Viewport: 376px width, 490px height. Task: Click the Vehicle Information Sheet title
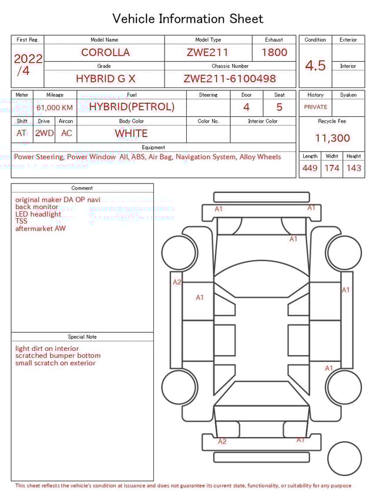click(187, 19)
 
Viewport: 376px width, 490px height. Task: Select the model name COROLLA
click(105, 52)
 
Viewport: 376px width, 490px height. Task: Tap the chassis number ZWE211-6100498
click(230, 79)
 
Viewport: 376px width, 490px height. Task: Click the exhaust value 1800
click(274, 52)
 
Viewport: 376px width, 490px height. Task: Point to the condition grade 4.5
click(315, 66)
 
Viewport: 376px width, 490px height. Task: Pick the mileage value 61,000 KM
click(55, 107)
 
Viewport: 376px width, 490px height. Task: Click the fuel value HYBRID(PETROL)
click(132, 107)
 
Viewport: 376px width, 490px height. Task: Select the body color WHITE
click(131, 133)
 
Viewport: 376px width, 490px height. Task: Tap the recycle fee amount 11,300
click(332, 138)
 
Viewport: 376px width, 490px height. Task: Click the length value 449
click(310, 168)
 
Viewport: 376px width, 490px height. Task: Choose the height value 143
click(354, 168)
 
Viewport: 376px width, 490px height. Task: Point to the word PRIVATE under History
click(315, 107)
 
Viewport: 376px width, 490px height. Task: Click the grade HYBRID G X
click(105, 79)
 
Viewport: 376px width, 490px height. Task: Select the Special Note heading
click(82, 337)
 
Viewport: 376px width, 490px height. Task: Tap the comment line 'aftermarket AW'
click(41, 229)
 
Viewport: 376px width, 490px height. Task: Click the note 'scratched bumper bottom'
click(58, 356)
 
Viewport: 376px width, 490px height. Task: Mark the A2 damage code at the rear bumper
click(222, 441)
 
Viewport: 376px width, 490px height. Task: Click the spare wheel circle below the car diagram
click(344, 458)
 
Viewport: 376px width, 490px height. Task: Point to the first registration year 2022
click(28, 59)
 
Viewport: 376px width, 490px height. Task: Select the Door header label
click(246, 94)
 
